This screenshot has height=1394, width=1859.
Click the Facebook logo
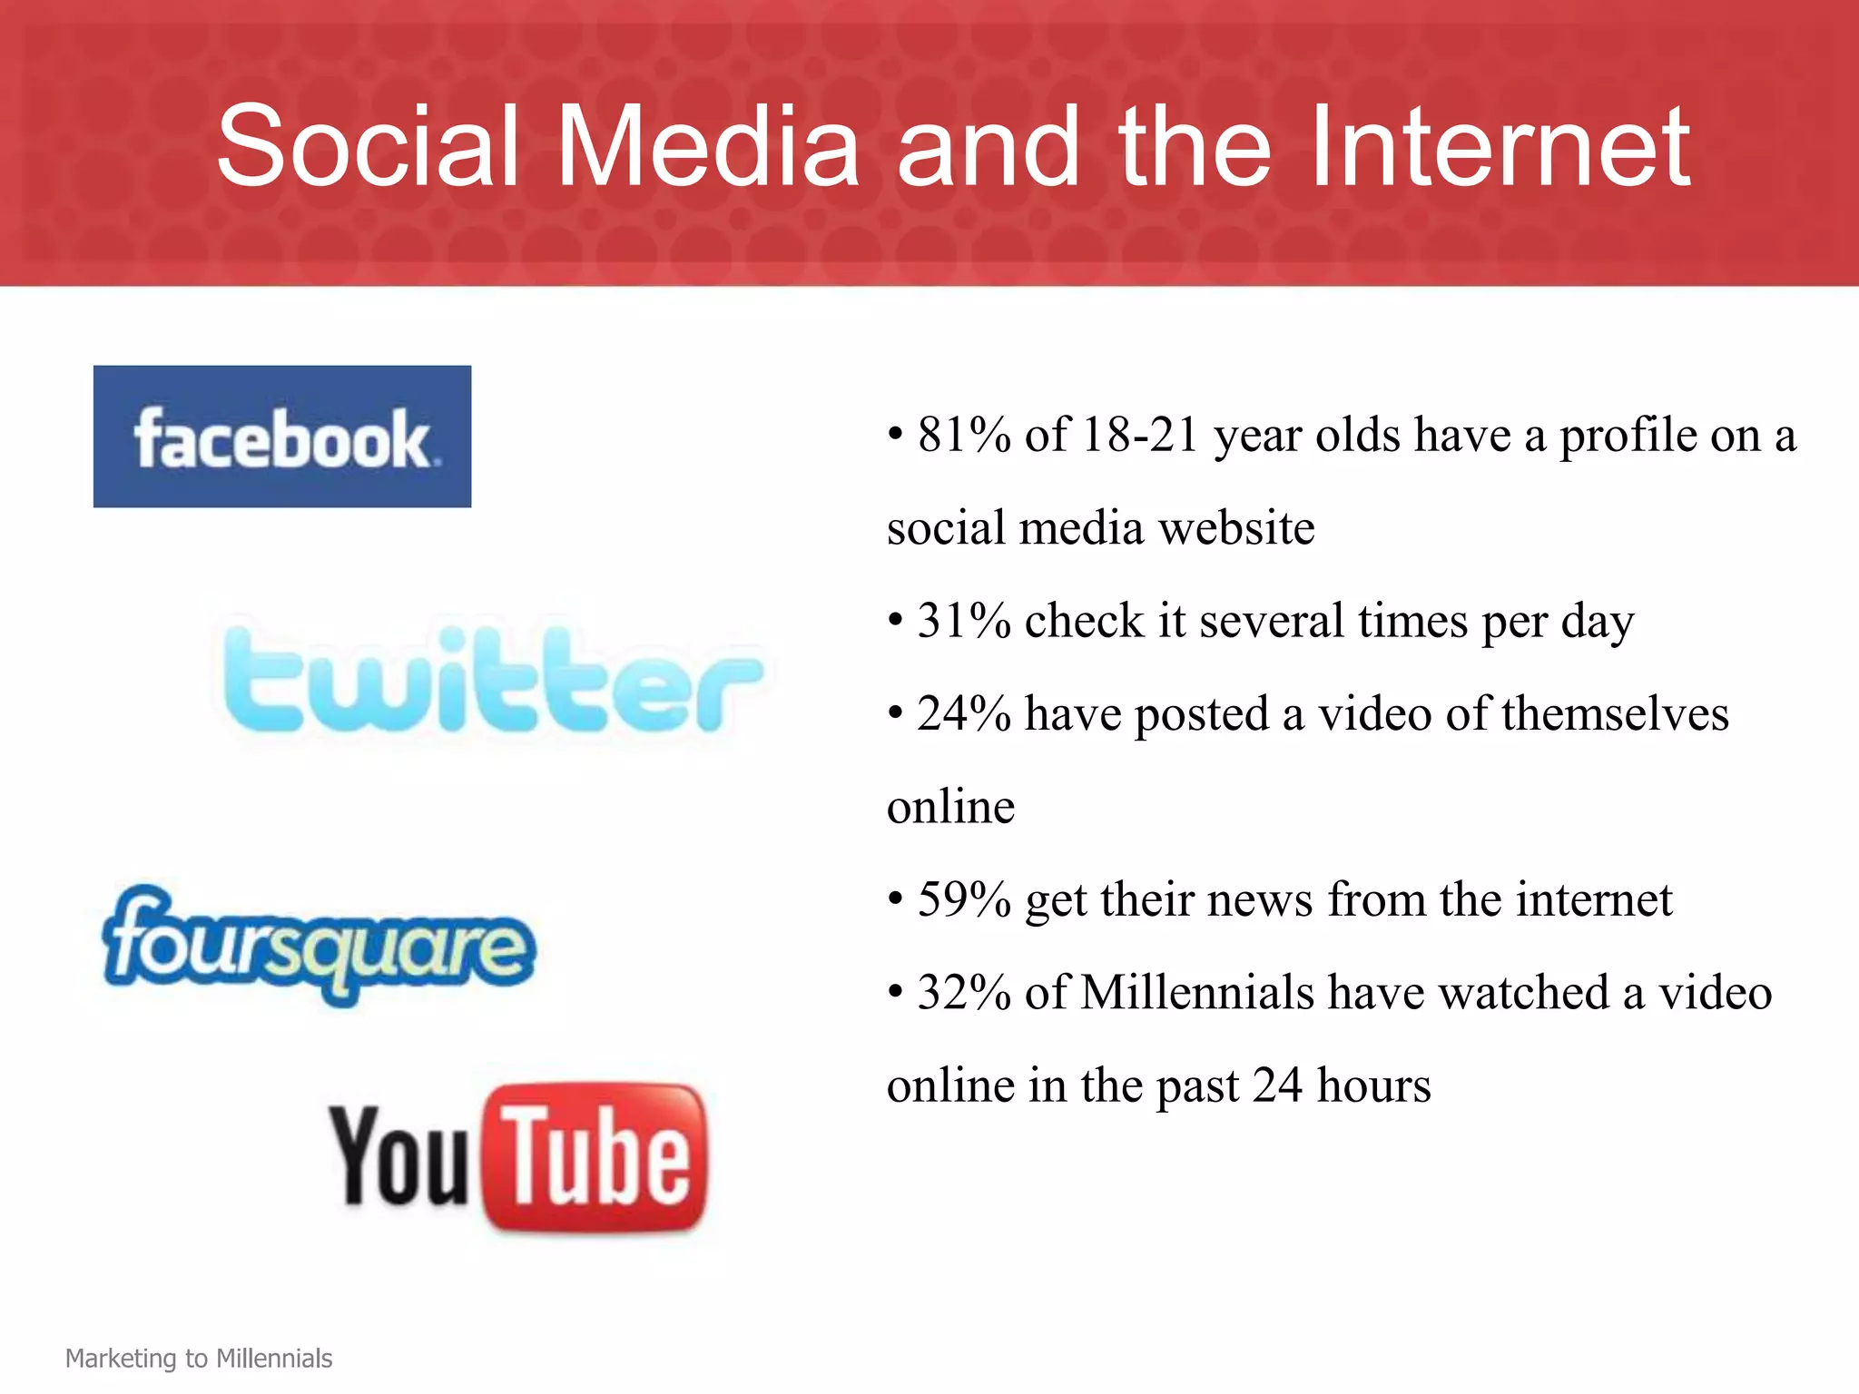282,437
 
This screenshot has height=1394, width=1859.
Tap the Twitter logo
494,681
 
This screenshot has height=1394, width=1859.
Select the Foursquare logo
319,947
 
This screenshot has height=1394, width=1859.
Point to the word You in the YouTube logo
399,1156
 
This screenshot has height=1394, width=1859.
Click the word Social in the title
368,146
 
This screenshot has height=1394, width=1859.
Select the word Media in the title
708,146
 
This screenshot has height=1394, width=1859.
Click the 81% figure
964,435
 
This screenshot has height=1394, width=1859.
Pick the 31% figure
964,621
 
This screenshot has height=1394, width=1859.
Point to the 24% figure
964,713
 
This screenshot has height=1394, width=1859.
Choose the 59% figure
964,899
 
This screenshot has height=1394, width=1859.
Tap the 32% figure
964,992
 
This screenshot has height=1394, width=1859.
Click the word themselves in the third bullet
1615,713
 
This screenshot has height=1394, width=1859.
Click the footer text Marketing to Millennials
199,1359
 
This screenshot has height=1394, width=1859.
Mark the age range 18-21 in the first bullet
1141,435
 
